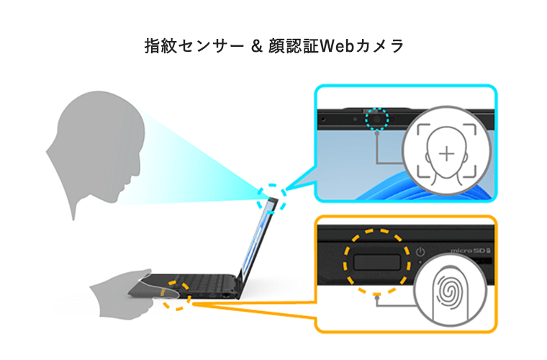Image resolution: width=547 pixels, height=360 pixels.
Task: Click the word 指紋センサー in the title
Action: [x=191, y=46]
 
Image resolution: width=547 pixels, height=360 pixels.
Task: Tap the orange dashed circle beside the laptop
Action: [x=176, y=296]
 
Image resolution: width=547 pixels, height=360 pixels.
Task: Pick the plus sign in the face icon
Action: [x=447, y=153]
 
